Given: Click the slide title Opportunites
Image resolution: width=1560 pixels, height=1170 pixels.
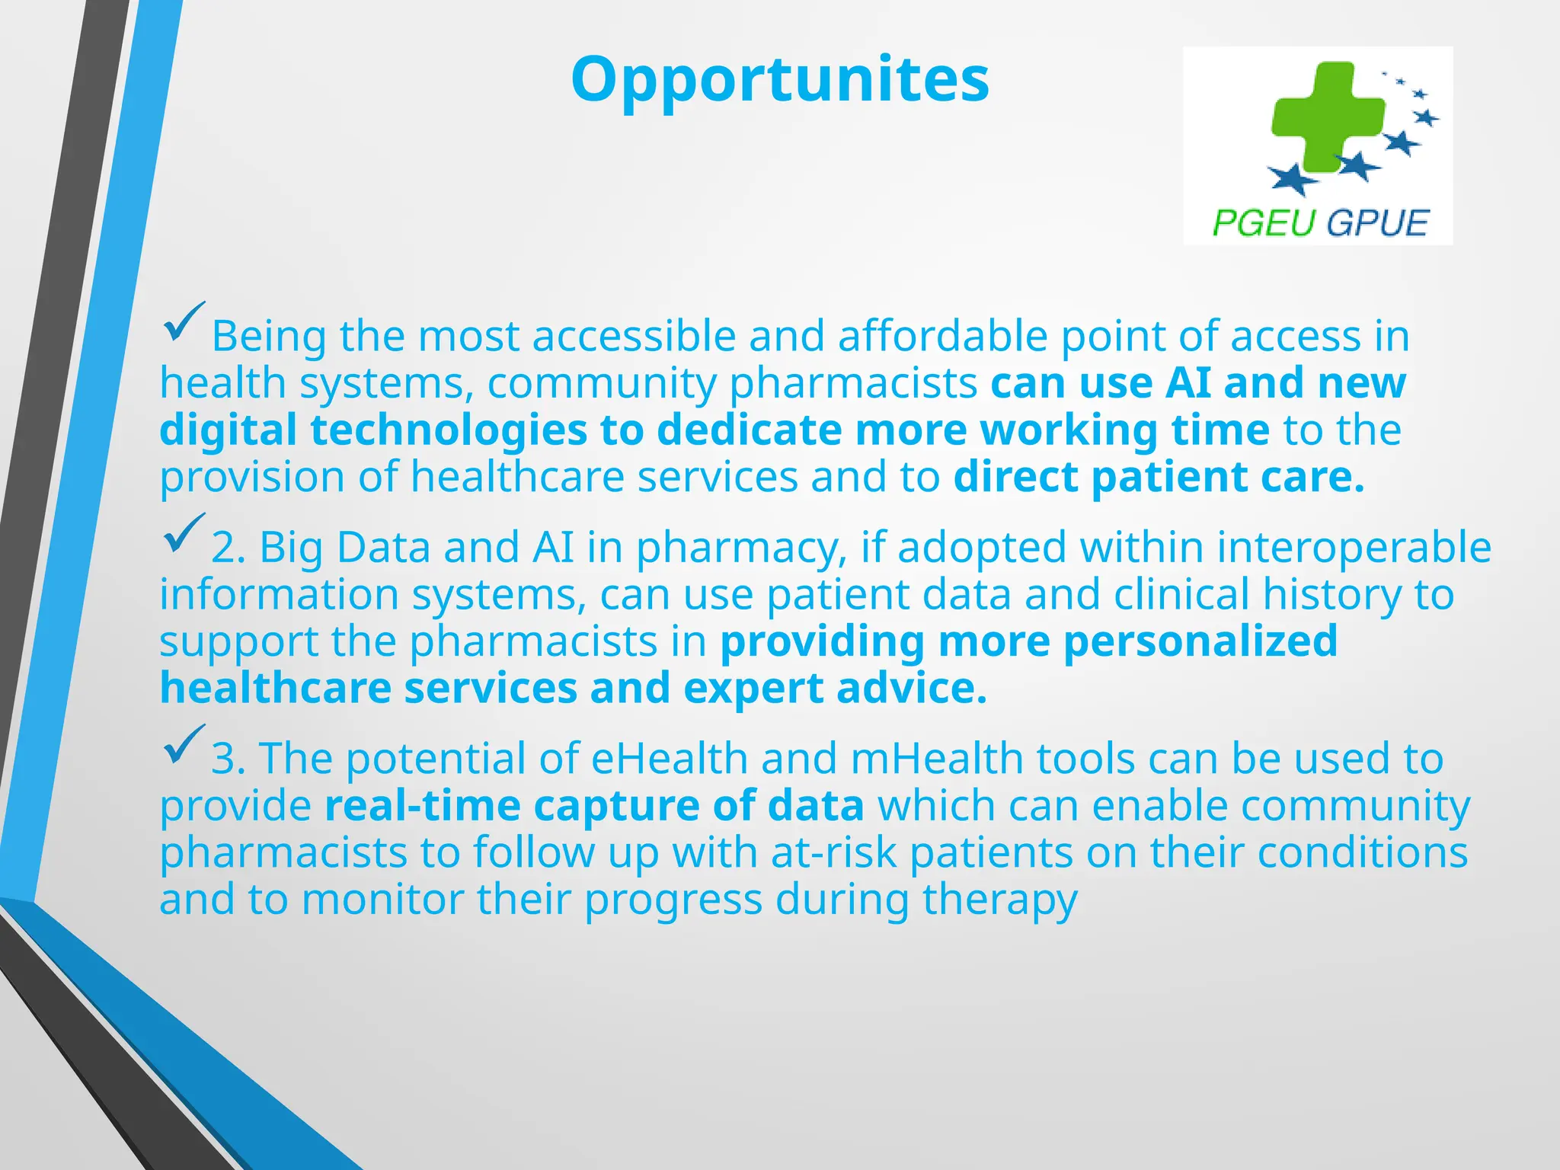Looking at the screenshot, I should coord(779,81).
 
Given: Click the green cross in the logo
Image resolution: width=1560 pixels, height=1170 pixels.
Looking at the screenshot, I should coord(1327,117).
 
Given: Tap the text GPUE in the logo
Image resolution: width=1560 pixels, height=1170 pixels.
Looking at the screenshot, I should coord(1376,223).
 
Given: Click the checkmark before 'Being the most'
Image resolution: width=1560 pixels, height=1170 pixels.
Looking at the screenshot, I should coord(183,321).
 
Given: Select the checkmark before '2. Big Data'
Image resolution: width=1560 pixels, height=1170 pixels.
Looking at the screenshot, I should coord(183,533).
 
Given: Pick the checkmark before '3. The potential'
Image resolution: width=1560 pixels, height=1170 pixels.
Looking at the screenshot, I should coord(183,744).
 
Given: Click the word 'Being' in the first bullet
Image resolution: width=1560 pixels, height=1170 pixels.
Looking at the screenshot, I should coord(269,336).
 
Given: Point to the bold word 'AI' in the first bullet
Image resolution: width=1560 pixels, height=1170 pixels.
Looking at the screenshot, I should coord(1188,382).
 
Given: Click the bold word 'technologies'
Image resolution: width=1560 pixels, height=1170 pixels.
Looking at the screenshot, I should coord(373,430).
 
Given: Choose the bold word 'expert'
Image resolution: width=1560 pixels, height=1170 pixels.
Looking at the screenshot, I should coord(753,689).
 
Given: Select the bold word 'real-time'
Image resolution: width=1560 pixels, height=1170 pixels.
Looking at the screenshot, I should coord(422,806).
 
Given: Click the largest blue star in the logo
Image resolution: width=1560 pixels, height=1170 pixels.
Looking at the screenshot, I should coord(1293,178).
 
